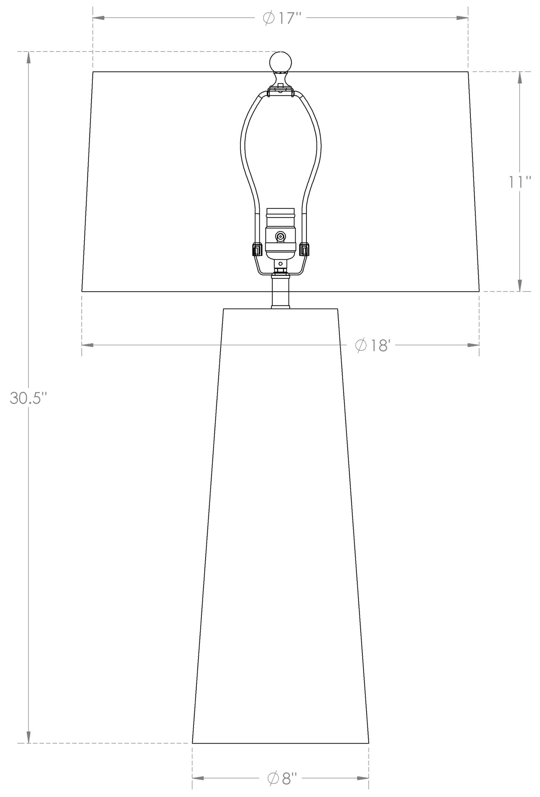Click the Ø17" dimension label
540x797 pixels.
(x=282, y=18)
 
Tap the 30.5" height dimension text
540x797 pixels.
(x=28, y=398)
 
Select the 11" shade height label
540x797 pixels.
(x=519, y=182)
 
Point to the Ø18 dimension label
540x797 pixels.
(x=372, y=345)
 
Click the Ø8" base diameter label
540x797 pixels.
(x=282, y=778)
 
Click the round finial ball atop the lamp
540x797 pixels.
(x=280, y=62)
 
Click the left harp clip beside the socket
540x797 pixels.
(x=257, y=249)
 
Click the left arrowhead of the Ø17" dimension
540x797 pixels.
(x=98, y=18)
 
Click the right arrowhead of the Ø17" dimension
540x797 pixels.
(x=463, y=18)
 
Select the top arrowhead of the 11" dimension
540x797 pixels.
(x=519, y=77)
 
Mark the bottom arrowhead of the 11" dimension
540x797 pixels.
(x=519, y=286)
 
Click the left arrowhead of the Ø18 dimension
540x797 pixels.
(x=87, y=345)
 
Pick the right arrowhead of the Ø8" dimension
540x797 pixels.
(x=363, y=778)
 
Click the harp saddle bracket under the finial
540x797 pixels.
(x=280, y=91)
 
